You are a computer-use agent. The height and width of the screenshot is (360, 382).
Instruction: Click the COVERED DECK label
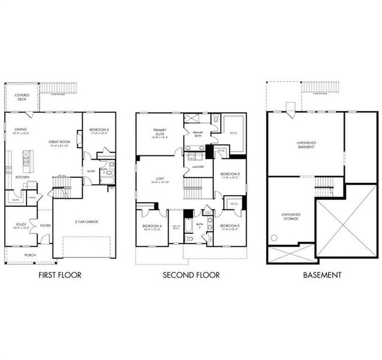click(x=22, y=97)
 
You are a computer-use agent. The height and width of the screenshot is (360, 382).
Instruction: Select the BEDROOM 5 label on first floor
click(x=99, y=131)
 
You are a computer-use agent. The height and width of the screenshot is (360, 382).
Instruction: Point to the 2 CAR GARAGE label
click(x=87, y=221)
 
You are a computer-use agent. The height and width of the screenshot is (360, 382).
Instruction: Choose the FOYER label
click(x=44, y=226)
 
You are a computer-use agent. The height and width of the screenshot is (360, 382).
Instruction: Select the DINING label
click(x=20, y=128)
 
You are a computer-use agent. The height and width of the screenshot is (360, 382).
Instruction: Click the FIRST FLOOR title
click(x=59, y=275)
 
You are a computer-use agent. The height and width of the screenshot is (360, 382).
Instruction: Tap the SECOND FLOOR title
click(x=190, y=275)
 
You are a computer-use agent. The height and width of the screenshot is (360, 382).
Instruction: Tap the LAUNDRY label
click(x=199, y=167)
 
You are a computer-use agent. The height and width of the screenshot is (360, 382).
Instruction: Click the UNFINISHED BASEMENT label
click(x=306, y=144)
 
